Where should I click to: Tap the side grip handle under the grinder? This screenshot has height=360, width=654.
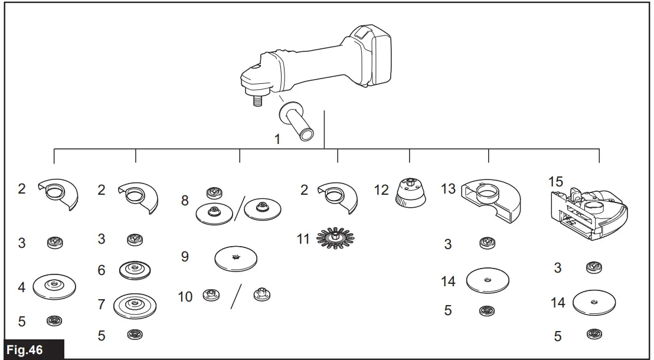tap(300, 122)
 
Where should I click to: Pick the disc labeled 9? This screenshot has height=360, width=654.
tap(236, 258)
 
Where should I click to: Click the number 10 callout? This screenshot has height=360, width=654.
tap(185, 296)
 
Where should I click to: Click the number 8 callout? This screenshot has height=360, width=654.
tap(185, 201)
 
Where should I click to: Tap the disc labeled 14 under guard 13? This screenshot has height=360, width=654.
tap(488, 280)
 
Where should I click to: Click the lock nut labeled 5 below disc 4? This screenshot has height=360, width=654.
tap(54, 320)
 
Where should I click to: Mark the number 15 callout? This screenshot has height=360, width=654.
tap(555, 182)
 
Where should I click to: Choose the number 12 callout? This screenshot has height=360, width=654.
tap(381, 190)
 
